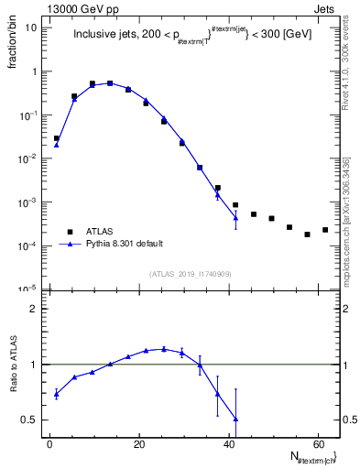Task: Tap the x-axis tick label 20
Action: coord(138,443)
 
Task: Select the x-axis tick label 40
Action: coord(227,443)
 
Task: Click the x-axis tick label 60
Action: coord(316,443)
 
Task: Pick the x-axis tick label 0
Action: coord(49,443)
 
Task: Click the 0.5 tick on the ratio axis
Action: coord(34,420)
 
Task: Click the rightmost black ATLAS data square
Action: coord(325,230)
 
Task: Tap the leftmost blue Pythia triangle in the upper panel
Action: coord(57,144)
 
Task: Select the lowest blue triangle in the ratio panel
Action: coord(235,419)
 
